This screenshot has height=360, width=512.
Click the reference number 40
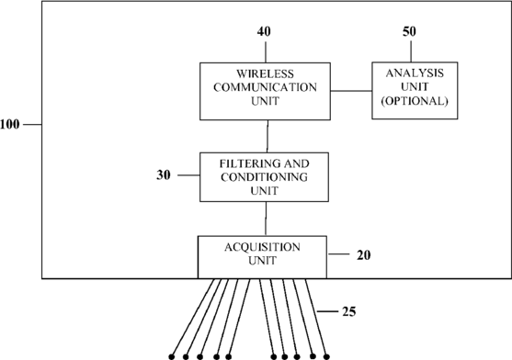(x=264, y=31)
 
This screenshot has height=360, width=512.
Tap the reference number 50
(x=409, y=31)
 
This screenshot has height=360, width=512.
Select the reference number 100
(x=10, y=125)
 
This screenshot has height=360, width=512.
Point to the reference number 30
(x=164, y=175)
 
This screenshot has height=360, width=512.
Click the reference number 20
(x=364, y=255)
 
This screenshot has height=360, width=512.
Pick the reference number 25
(x=349, y=311)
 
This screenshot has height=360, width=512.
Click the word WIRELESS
(x=265, y=74)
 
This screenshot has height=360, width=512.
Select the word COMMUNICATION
(x=265, y=87)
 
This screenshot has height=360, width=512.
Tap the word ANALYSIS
(x=415, y=73)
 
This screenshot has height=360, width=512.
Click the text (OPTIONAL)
(x=415, y=101)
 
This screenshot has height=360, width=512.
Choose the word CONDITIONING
(x=264, y=177)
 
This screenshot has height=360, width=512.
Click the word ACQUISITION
(x=262, y=247)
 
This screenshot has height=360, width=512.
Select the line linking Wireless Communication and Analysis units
(x=351, y=91)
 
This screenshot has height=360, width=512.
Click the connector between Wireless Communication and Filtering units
(x=267, y=136)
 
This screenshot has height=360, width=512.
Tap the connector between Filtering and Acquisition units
(x=266, y=219)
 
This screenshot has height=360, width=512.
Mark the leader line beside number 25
(x=327, y=311)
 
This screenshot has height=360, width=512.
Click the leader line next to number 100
(x=33, y=124)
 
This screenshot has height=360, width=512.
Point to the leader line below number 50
(x=411, y=51)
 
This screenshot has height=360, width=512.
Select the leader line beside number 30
(x=188, y=175)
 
